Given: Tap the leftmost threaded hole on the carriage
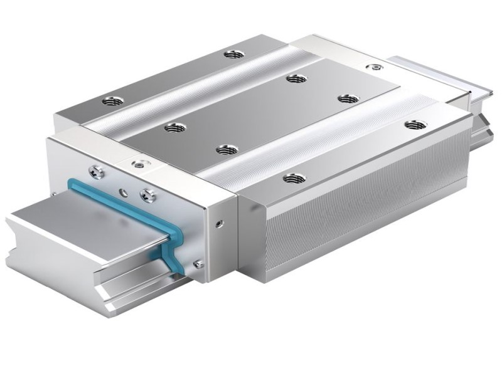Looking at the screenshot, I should pyautogui.click(x=114, y=100).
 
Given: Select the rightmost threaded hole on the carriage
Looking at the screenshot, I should pyautogui.click(x=412, y=125).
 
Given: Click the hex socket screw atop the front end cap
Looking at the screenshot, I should pyautogui.click(x=139, y=164).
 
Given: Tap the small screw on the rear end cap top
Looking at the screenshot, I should pyautogui.click(x=376, y=67).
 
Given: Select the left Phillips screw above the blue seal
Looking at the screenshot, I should pyautogui.click(x=96, y=168).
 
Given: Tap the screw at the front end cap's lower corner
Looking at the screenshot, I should pyautogui.click(x=199, y=264).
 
